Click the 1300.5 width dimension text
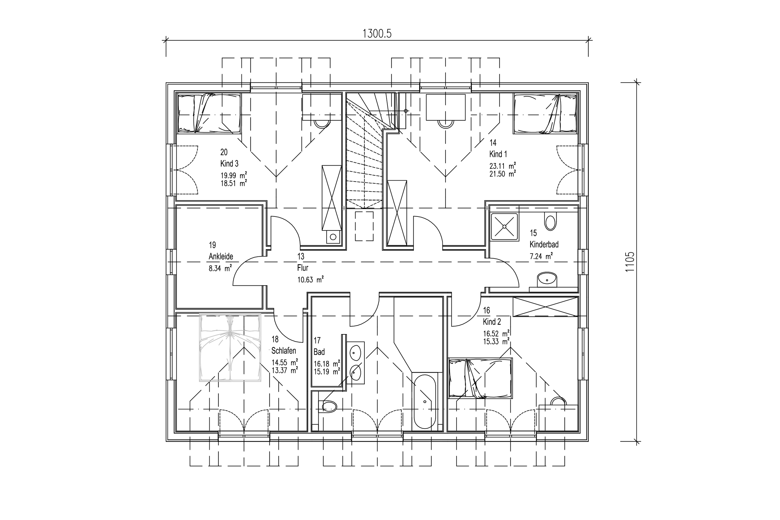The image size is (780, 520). pyautogui.click(x=377, y=33)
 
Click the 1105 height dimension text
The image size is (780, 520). pyautogui.click(x=630, y=262)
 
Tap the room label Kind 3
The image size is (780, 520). pyautogui.click(x=229, y=163)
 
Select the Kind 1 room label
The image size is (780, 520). pyautogui.click(x=498, y=154)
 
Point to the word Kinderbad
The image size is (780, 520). pyautogui.click(x=544, y=245)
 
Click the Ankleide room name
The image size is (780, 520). pyautogui.click(x=221, y=256)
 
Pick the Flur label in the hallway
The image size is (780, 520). pyautogui.click(x=303, y=268)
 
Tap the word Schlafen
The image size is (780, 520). pyautogui.click(x=284, y=351)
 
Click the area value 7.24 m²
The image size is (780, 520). pyautogui.click(x=541, y=256)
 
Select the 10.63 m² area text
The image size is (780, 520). pyautogui.click(x=310, y=279)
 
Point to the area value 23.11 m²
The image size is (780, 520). pyautogui.click(x=502, y=166)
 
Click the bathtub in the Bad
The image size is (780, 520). pyautogui.click(x=425, y=401)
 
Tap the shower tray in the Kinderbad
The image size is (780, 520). pyautogui.click(x=504, y=226)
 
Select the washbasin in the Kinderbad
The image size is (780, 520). pyautogui.click(x=547, y=279)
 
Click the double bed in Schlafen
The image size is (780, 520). pyautogui.click(x=230, y=347)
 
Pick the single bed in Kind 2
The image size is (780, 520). pyautogui.click(x=480, y=378)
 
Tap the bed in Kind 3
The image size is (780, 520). pyautogui.click(x=209, y=114)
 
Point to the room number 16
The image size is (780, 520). pyautogui.click(x=486, y=310)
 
